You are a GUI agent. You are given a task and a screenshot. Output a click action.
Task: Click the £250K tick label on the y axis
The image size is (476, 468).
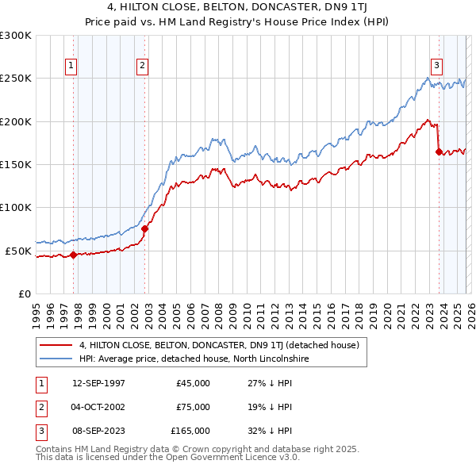[16, 79]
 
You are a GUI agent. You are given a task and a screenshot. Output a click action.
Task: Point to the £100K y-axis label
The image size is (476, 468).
[16, 208]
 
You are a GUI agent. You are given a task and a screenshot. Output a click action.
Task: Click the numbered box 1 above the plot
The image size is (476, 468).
[72, 66]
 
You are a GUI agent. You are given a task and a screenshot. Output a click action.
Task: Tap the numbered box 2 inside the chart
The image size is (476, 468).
[142, 66]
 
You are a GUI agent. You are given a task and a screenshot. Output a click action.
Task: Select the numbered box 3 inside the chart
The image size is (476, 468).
[437, 66]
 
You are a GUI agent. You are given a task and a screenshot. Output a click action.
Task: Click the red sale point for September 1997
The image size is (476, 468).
[73, 255]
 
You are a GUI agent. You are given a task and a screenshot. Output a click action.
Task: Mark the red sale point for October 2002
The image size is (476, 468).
[144, 229]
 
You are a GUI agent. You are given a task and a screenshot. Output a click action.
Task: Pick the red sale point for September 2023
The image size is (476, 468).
[439, 152]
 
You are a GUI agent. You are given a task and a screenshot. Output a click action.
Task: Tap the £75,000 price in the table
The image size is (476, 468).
[193, 407]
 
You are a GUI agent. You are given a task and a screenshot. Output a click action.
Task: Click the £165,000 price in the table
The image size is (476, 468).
[190, 431]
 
